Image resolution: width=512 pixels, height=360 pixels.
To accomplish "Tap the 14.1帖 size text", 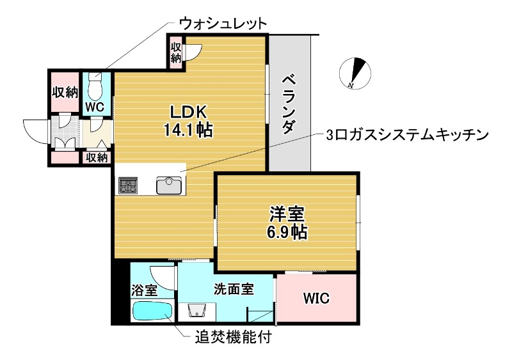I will (188, 130).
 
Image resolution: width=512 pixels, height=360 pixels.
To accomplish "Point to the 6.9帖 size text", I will (286, 232).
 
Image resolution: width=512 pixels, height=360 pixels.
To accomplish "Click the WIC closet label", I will (316, 298).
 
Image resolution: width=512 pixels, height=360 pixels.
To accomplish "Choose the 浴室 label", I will (144, 290).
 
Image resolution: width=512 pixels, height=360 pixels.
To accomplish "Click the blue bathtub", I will (152, 312).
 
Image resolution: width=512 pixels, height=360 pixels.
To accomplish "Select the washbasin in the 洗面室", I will (198, 312).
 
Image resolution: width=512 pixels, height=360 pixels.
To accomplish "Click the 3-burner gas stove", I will (128, 185).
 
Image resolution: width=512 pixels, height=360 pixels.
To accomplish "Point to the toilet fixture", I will (95, 85).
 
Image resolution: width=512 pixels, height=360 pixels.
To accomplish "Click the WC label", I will (95, 107).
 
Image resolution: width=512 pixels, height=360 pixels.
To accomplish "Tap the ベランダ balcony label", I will (289, 104).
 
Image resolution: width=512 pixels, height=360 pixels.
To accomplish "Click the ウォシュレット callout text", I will (222, 24).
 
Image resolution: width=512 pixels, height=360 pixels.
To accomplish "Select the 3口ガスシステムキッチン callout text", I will (408, 135).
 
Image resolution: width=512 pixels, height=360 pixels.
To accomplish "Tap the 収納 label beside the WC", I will (64, 91).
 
